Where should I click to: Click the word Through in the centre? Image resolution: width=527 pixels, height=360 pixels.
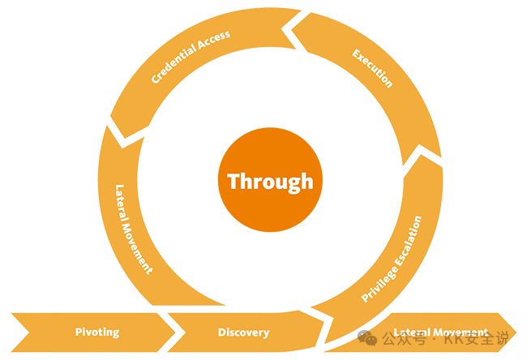tap(270, 181)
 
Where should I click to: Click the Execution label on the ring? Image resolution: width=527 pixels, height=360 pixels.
tap(372, 68)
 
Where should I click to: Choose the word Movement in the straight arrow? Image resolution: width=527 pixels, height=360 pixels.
tap(459, 332)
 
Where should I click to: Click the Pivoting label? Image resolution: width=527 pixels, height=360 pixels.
tap(96, 332)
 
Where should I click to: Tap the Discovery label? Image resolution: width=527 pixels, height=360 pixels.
tap(243, 332)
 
